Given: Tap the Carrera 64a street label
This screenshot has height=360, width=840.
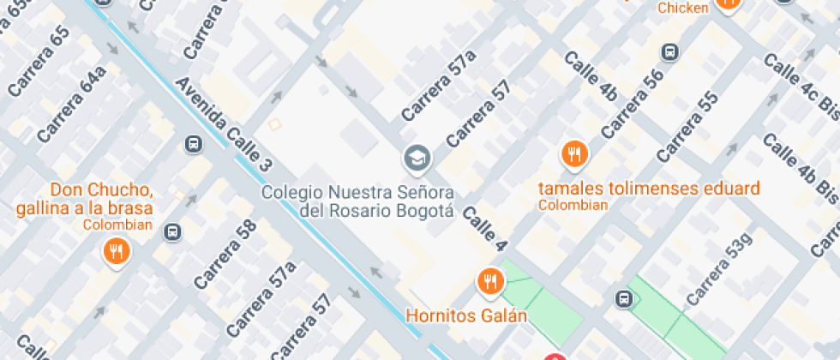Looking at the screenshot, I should [72, 104].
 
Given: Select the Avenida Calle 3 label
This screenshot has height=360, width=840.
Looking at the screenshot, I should [224, 124].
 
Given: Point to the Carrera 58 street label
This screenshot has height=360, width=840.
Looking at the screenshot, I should [225, 254].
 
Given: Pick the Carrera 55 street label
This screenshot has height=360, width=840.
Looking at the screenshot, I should [687, 126].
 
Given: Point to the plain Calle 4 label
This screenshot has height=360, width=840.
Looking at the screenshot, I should [483, 229].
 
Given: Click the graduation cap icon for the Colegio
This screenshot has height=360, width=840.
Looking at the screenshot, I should [417, 158].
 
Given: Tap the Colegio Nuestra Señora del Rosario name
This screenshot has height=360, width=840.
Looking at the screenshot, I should [357, 200].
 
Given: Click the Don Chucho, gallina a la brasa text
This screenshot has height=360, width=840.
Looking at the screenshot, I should [84, 198].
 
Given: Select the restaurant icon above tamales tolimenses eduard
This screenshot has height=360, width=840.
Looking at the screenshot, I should [573, 154].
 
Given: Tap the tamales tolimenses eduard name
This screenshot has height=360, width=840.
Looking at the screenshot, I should [649, 188].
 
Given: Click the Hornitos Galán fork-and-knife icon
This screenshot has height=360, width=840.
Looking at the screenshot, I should [489, 280].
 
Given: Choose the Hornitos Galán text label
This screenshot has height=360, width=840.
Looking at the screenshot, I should [466, 315].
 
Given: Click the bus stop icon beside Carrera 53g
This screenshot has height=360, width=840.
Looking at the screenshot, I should [624, 299].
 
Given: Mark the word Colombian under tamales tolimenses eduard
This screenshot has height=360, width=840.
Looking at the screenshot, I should [573, 205].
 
